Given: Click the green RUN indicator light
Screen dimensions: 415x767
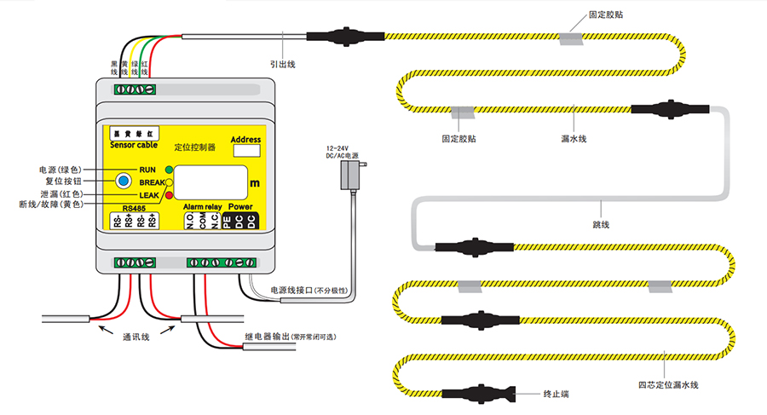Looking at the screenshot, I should [x=169, y=170].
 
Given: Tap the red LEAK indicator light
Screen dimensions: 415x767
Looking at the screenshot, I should [x=169, y=195].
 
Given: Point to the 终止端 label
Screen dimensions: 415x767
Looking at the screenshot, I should [x=556, y=395].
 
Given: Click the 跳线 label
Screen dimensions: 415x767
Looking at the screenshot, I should [x=600, y=224].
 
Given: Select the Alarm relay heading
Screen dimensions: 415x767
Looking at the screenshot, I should [x=201, y=207].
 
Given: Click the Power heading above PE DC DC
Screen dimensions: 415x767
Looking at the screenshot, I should [x=239, y=207].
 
